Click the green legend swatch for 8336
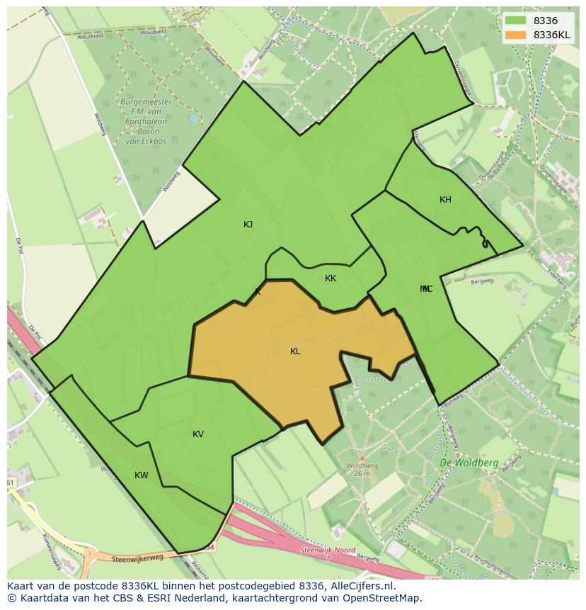[515, 21]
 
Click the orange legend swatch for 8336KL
[515, 35]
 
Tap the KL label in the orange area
[295, 351]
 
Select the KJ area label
[248, 225]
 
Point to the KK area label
[331, 278]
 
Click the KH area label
[445, 200]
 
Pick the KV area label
[198, 434]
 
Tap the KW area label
[142, 475]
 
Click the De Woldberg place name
[469, 463]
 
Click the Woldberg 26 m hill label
[362, 469]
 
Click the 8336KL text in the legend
[552, 35]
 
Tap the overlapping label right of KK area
[426, 289]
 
